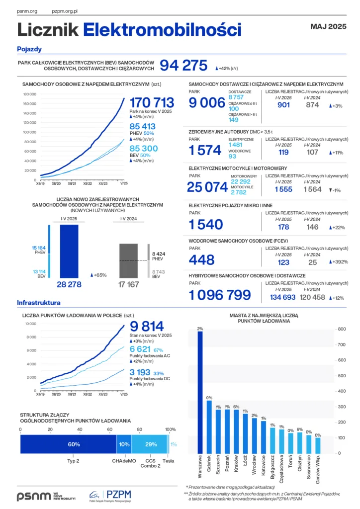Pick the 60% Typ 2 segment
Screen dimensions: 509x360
coord(68,444)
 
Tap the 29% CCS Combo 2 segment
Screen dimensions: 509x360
coord(150,444)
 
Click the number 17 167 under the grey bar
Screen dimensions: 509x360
coord(128,285)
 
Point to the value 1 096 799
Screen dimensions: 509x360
coord(220,295)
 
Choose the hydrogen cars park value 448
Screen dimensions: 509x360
coord(201,259)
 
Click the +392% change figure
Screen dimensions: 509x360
coord(338,262)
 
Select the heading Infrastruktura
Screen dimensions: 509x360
coord(39,303)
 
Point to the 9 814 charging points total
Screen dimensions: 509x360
coord(147,326)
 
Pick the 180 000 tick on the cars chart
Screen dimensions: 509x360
coord(30,94)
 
